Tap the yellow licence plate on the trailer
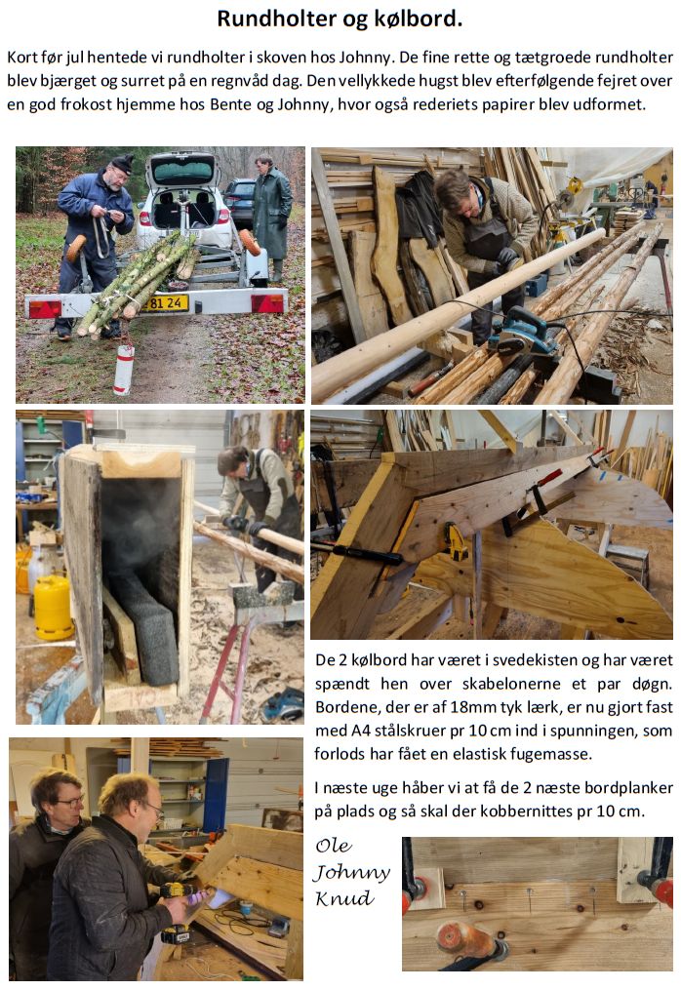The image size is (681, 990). tap(165, 303)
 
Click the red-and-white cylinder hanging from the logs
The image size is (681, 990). tap(124, 368)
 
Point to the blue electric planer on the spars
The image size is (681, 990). tap(523, 331)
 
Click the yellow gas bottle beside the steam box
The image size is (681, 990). tap(53, 606)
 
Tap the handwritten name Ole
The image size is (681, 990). tap(334, 846)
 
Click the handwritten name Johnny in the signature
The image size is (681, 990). tap(351, 873)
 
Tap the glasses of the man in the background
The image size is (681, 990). tap(69, 802)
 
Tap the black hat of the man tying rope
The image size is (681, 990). tap(123, 164)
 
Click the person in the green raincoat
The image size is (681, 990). tap(272, 215)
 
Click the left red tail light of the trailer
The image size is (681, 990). tap(46, 309)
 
